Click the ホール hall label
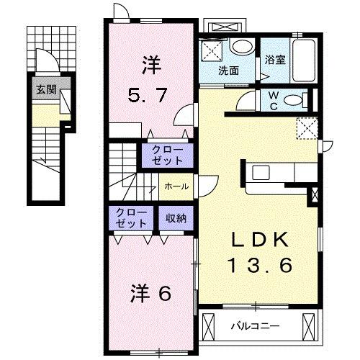[176, 186]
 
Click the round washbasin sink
[243, 48]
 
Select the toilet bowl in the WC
[294, 101]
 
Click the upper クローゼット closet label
[166, 154]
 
